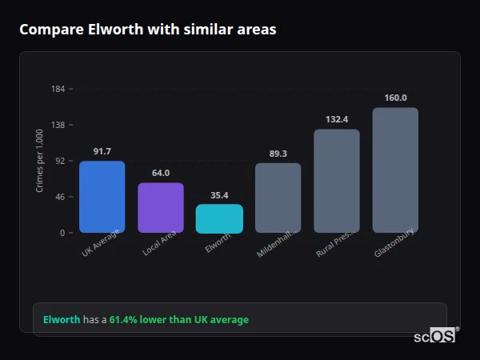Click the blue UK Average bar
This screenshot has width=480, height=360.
pyautogui.click(x=102, y=197)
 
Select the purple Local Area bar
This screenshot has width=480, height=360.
pyautogui.click(x=161, y=208)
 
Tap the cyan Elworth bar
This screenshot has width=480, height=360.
pyautogui.click(x=219, y=218)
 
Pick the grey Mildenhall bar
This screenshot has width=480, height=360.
pyautogui.click(x=278, y=198)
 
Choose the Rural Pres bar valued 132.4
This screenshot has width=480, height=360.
pyautogui.click(x=337, y=181)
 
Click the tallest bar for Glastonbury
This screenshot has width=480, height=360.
pyautogui.click(x=395, y=170)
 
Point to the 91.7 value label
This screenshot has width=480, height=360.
pyautogui.click(x=102, y=151)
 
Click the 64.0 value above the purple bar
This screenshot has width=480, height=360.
pyautogui.click(x=161, y=173)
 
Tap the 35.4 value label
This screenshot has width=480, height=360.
pyautogui.click(x=219, y=194)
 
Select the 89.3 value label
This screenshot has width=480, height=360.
pyautogui.click(x=278, y=154)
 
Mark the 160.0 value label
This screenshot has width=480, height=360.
pyautogui.click(x=395, y=98)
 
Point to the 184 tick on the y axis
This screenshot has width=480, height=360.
pyautogui.click(x=58, y=89)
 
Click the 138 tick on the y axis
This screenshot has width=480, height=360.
pyautogui.click(x=58, y=125)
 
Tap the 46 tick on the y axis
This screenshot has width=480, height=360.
pyautogui.click(x=59, y=197)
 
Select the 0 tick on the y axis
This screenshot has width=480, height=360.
pyautogui.click(x=62, y=233)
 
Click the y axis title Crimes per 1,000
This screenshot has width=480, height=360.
pyautogui.click(x=39, y=161)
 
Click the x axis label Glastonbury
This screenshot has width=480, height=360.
pyautogui.click(x=394, y=244)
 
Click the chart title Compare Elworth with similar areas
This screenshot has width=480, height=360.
pyautogui.click(x=148, y=30)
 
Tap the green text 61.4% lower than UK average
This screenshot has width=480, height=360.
pyautogui.click(x=178, y=319)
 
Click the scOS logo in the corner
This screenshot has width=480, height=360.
pyautogui.click(x=434, y=336)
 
